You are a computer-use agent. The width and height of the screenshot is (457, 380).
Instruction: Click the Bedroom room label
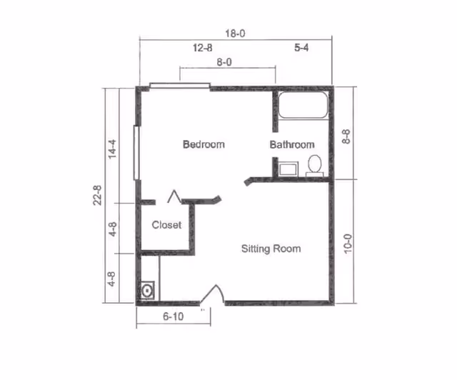[x=204, y=144]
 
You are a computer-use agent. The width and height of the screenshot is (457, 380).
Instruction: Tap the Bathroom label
[x=292, y=145]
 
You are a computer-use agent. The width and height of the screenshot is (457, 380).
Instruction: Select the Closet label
[x=166, y=225]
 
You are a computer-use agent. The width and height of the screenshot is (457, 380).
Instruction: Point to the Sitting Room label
[x=271, y=249]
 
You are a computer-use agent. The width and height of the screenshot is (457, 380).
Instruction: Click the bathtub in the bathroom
[x=303, y=105]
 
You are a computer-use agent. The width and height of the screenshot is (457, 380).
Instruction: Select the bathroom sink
[x=288, y=169]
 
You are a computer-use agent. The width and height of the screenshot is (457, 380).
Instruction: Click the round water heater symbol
[x=147, y=291]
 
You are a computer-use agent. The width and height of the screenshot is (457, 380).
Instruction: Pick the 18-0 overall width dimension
[x=235, y=34]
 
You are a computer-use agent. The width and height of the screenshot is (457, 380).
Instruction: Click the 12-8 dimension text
[x=203, y=48]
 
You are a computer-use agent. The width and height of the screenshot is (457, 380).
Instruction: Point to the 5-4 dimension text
[x=301, y=48]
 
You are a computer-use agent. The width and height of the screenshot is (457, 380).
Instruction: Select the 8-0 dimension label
[x=224, y=62]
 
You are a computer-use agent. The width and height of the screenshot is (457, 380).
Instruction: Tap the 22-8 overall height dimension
[x=98, y=195]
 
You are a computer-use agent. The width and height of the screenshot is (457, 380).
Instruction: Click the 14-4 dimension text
[x=112, y=149]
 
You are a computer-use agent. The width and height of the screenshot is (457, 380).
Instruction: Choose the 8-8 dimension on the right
[x=346, y=136]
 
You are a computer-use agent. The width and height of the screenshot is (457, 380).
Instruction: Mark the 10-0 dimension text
[x=348, y=244]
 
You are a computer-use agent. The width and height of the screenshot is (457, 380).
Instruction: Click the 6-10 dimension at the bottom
[x=174, y=316]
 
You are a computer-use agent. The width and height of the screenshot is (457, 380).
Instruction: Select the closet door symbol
[x=174, y=196]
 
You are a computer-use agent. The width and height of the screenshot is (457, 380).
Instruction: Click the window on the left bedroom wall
[x=136, y=153]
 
